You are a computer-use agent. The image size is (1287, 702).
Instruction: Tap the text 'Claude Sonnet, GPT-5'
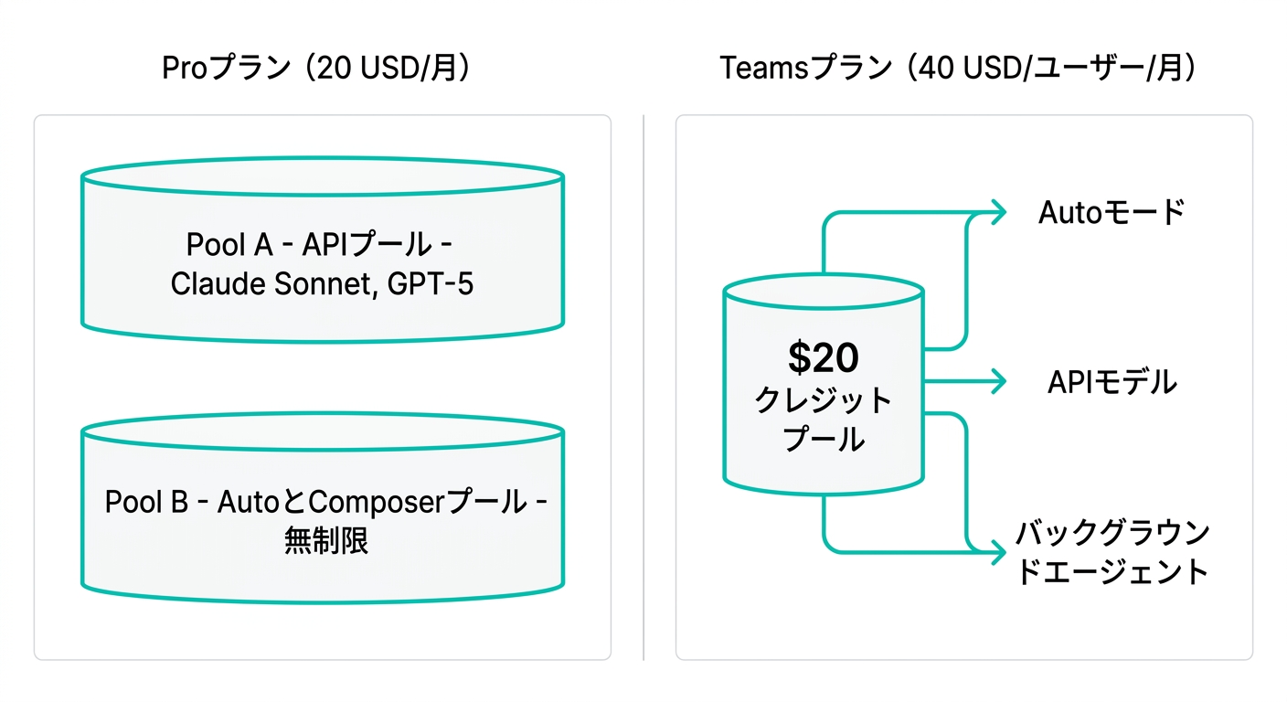[x=322, y=284]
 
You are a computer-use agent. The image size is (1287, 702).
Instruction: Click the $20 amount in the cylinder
[x=823, y=358]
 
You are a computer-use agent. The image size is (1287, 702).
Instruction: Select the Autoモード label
[x=1111, y=212]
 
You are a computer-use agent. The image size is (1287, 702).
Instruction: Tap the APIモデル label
[x=1111, y=382]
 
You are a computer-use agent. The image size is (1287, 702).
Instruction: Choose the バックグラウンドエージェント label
[x=1111, y=551]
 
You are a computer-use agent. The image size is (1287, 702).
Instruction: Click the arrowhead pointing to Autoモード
[x=996, y=212]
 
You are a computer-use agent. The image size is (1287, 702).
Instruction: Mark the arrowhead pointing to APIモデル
[x=996, y=382]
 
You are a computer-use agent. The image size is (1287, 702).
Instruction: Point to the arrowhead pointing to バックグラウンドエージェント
[x=996, y=552]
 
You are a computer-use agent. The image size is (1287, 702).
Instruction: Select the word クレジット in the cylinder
[x=823, y=400]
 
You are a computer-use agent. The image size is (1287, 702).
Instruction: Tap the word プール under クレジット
[x=823, y=440]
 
